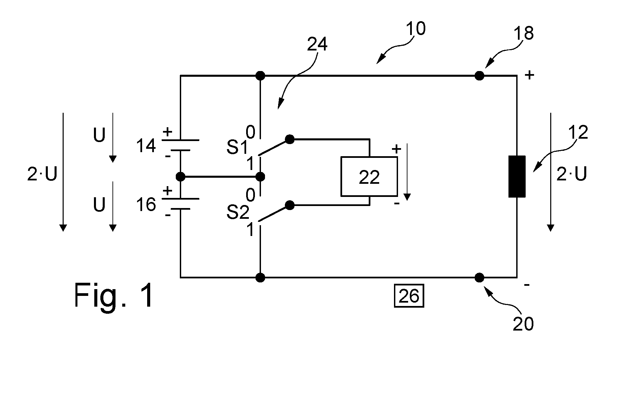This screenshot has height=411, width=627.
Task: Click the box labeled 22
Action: pos(369,176)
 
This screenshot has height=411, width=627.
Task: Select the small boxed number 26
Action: pos(409,296)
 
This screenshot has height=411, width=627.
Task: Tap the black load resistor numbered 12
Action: pos(517,176)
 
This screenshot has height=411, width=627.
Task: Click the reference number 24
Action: pos(317,44)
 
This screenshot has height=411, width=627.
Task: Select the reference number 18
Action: pos(524,33)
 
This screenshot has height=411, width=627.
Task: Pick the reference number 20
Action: pos(523,324)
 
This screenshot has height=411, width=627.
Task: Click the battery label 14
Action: pos(146,146)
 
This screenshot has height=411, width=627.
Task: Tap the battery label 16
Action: pos(146,204)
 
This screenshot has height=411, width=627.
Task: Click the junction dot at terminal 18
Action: pos(479,76)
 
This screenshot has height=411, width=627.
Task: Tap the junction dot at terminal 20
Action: pos(479,278)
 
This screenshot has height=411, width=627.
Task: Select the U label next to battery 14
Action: pos(99,135)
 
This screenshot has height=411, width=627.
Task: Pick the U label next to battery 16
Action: pos(99,204)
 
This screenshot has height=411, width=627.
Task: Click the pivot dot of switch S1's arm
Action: pos(289,139)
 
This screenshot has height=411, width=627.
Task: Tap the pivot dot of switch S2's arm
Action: pos(289,205)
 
